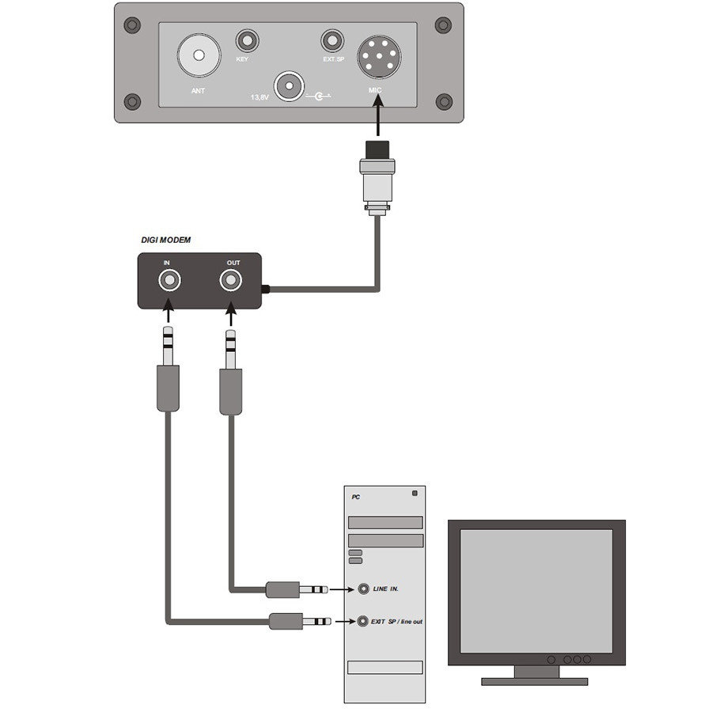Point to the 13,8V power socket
(x=289, y=85)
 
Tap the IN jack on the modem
(x=168, y=280)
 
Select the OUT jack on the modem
(x=230, y=280)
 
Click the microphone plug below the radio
(x=377, y=174)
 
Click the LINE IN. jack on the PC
(x=363, y=589)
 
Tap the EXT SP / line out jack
(x=363, y=621)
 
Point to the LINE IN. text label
(x=386, y=589)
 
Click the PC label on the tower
(x=355, y=498)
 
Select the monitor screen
(x=536, y=588)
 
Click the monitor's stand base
(x=536, y=680)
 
